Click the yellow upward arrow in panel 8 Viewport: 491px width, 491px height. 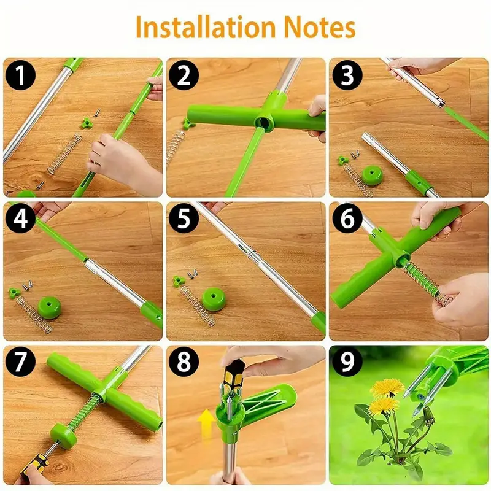[207, 423]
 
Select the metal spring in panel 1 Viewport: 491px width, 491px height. [64, 153]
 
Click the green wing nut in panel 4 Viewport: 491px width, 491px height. [14, 290]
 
